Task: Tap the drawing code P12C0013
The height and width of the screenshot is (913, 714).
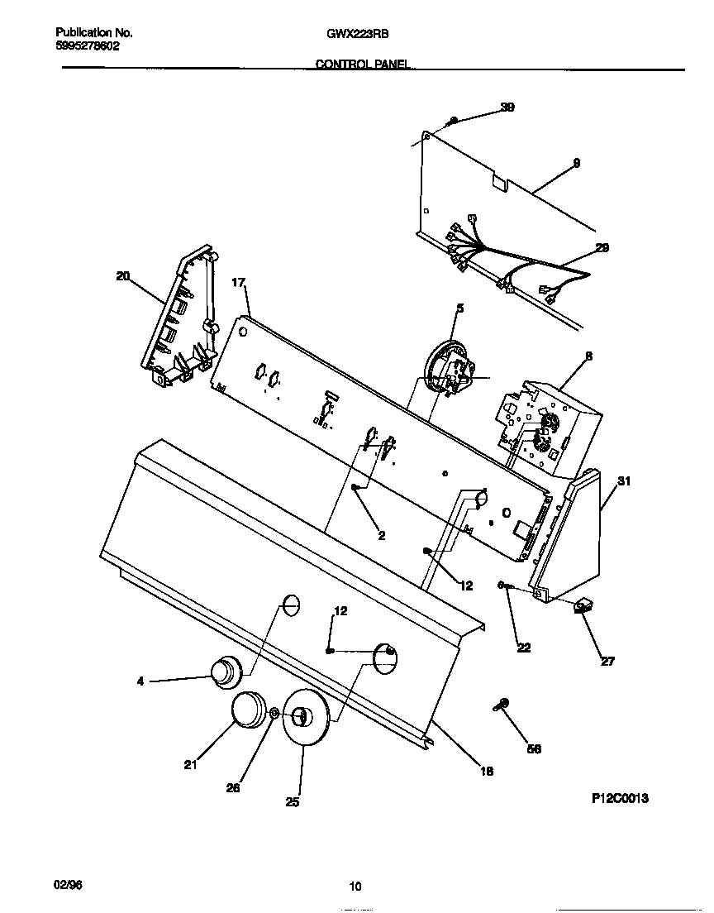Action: click(620, 798)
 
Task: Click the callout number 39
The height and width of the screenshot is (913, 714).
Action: click(507, 108)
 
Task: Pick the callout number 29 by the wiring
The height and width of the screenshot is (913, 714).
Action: click(602, 247)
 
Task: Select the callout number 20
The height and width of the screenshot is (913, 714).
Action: click(123, 276)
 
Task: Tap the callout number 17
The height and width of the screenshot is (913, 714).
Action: click(239, 283)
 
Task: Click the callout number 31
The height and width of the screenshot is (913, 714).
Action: click(624, 481)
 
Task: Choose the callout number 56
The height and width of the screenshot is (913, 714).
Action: click(534, 748)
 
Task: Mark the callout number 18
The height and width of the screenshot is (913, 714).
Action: click(487, 771)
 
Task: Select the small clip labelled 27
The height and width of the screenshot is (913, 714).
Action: click(586, 608)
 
